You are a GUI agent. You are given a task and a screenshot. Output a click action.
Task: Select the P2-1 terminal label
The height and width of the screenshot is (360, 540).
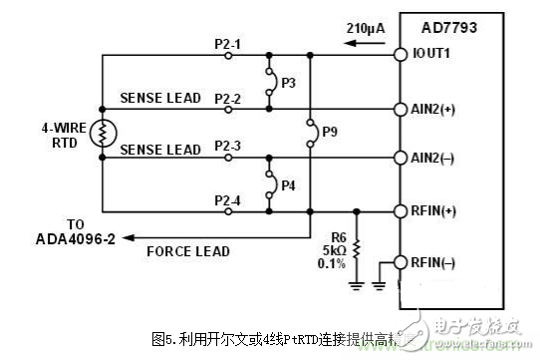pos(228,43)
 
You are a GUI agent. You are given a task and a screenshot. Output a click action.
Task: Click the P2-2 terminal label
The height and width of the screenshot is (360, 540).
pos(228,98)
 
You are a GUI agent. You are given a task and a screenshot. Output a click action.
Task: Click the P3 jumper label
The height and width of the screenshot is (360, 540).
pos(287,81)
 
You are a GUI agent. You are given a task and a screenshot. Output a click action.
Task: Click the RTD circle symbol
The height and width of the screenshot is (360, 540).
pos(103,132)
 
